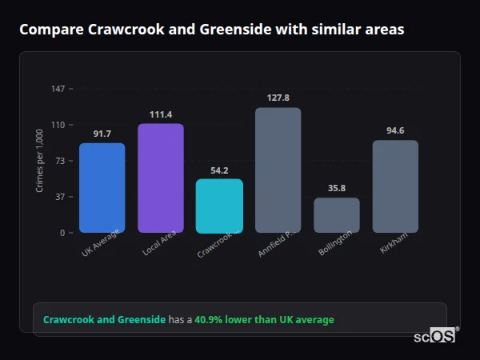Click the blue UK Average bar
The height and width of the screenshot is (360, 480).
(x=102, y=188)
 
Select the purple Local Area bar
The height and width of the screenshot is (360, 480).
(x=161, y=178)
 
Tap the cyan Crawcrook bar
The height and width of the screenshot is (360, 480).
(x=219, y=206)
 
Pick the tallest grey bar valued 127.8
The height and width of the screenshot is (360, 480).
(x=278, y=170)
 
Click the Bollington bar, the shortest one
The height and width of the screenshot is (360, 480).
(x=337, y=215)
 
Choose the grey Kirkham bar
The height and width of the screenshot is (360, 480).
(x=395, y=186)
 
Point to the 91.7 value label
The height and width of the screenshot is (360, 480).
(x=102, y=134)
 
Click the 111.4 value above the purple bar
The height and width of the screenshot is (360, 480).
(x=161, y=114)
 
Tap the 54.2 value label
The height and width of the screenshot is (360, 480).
(x=219, y=170)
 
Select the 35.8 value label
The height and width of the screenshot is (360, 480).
(x=337, y=188)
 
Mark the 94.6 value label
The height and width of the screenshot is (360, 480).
(x=395, y=130)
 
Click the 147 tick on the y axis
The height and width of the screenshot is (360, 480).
(x=58, y=89)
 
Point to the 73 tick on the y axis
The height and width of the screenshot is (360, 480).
(x=61, y=161)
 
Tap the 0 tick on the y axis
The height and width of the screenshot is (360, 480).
(x=63, y=233)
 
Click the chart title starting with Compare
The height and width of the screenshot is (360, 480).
(x=211, y=30)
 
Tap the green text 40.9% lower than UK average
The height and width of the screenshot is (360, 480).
(x=264, y=320)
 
